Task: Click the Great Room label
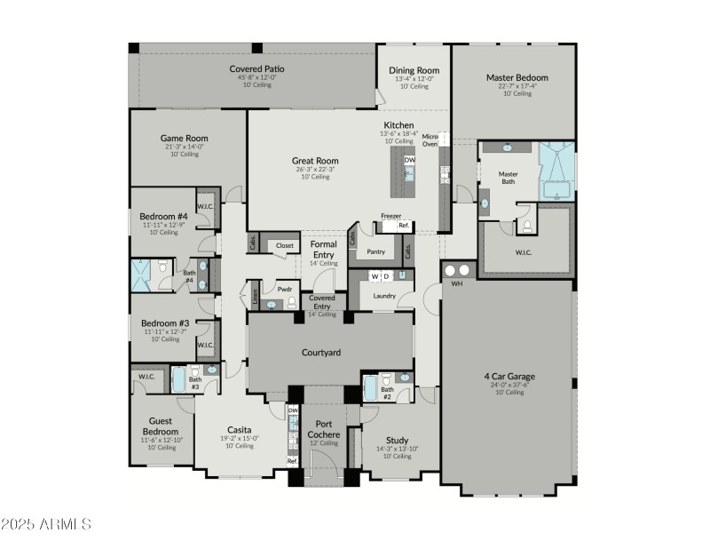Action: click(x=315, y=162)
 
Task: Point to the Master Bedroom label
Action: click(x=517, y=77)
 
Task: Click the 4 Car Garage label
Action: click(x=509, y=377)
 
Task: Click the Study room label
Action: click(x=397, y=440)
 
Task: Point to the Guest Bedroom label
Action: click(x=160, y=426)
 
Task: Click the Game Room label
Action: click(x=184, y=139)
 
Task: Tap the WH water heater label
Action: click(x=457, y=284)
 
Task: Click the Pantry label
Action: click(x=375, y=251)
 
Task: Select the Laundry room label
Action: click(x=383, y=296)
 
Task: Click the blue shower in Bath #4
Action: click(x=143, y=274)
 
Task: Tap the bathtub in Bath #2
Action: click(x=371, y=388)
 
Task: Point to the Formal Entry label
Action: click(x=323, y=249)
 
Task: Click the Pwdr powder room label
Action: click(x=285, y=289)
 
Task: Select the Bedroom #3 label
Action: click(x=165, y=323)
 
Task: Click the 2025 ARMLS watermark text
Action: click(x=46, y=524)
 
